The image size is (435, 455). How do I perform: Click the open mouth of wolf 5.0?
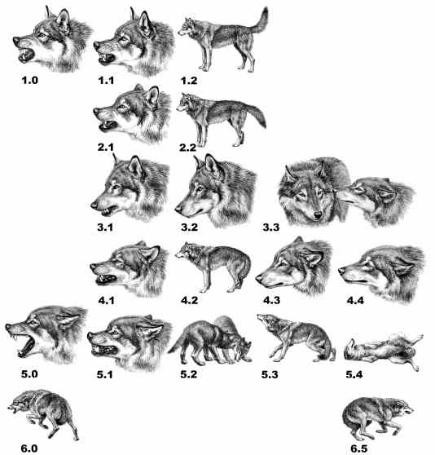click(27, 345)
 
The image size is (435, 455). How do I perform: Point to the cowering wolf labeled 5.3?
click(295, 338)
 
